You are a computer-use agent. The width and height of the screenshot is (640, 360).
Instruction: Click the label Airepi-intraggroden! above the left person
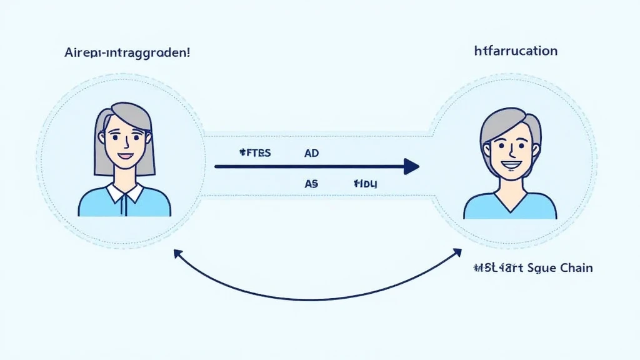click(x=127, y=52)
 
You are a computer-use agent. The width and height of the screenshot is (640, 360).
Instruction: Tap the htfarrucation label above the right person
click(x=516, y=51)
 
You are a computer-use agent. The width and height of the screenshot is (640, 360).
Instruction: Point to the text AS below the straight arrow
click(x=311, y=184)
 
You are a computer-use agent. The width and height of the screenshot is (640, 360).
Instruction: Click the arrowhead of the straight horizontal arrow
click(x=411, y=166)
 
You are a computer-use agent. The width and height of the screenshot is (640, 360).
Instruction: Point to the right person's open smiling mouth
click(x=511, y=165)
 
